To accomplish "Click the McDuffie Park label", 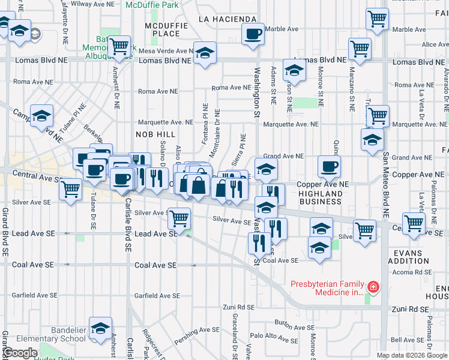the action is (152, 5).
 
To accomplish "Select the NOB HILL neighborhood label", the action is (154, 134).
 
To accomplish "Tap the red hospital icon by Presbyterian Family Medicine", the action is (373, 288).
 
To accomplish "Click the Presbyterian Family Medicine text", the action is (328, 288).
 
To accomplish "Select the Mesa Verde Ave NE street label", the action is (166, 51).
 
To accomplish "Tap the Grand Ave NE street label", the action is (283, 156).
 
